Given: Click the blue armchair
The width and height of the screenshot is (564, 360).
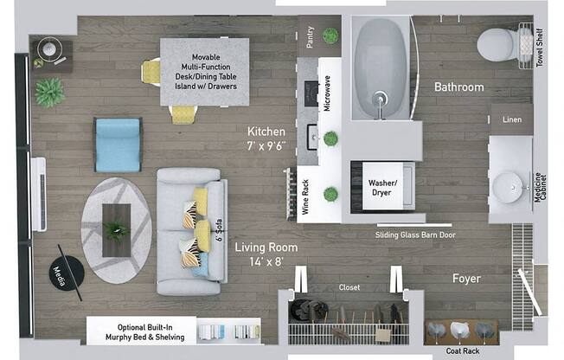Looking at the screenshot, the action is [x=118, y=145].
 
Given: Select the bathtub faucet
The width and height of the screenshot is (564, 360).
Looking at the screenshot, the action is [x=380, y=103].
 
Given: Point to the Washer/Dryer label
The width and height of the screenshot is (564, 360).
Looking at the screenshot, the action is [x=382, y=188].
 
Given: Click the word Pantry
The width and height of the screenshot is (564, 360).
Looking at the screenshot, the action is [x=310, y=37].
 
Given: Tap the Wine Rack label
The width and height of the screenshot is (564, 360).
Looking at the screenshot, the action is [x=305, y=197].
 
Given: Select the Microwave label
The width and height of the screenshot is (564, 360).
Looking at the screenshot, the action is [x=327, y=93].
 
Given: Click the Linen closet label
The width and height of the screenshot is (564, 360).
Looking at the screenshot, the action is [x=512, y=119].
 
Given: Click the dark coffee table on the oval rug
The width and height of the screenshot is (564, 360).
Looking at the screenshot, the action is [x=117, y=230].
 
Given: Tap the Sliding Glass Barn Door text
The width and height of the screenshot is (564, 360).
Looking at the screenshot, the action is [x=415, y=235].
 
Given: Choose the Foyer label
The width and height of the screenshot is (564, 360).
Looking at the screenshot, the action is [x=466, y=279].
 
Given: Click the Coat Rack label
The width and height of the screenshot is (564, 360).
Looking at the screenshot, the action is [x=463, y=351].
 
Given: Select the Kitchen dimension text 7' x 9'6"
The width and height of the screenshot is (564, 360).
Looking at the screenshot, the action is [x=266, y=145].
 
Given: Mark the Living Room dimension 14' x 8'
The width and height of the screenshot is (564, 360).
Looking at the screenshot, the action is [x=266, y=261].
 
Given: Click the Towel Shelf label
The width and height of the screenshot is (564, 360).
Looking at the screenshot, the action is [x=540, y=48].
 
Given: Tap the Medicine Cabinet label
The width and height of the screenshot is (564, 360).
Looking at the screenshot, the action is [x=541, y=187].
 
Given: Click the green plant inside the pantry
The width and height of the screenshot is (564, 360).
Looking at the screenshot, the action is [x=330, y=35].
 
